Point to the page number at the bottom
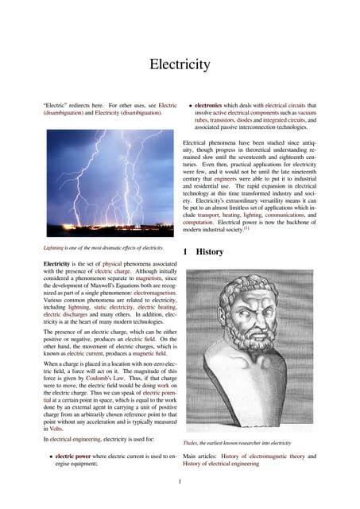tap(180, 481)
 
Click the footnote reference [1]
tap(247, 230)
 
